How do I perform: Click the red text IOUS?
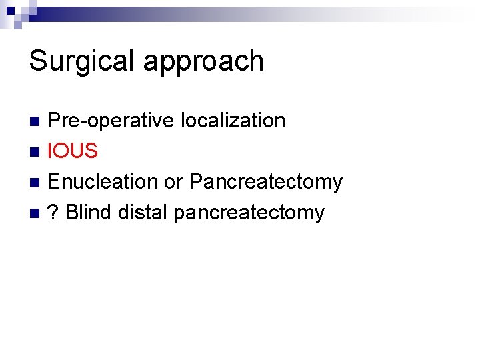point(73,151)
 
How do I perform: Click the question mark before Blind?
point(54,212)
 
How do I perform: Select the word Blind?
point(89,212)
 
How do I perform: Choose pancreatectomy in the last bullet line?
point(249,213)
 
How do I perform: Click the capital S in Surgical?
point(38,61)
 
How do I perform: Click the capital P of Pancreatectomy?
point(197,181)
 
